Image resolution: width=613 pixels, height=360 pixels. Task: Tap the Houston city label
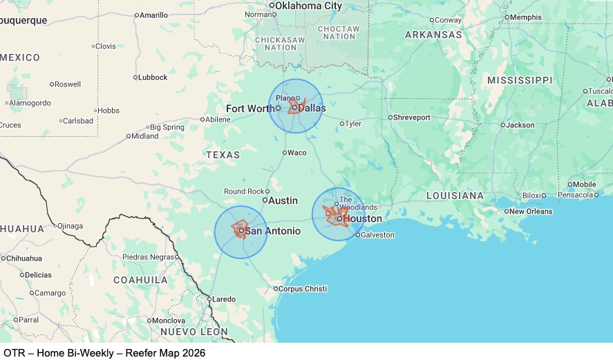click(x=362, y=218)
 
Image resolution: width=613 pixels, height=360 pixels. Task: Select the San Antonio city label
click(x=273, y=231)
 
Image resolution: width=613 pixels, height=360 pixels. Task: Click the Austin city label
click(x=283, y=200)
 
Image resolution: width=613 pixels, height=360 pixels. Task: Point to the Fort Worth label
click(x=250, y=108)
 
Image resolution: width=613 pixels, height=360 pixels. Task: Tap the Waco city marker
click(x=285, y=153)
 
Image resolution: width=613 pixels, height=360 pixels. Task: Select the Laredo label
click(x=223, y=299)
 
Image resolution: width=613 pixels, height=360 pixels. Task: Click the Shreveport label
click(x=412, y=117)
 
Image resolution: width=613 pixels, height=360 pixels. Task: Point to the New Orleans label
click(x=532, y=211)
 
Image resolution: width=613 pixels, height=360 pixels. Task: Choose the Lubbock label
click(x=153, y=77)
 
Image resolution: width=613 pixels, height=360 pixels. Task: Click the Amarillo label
click(x=153, y=15)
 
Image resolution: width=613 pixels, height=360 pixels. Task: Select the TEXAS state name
click(x=223, y=155)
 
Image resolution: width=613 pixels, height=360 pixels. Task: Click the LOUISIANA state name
click(x=455, y=196)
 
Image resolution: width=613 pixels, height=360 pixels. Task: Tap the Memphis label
click(x=527, y=17)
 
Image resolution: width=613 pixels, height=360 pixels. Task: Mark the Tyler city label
click(x=352, y=124)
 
